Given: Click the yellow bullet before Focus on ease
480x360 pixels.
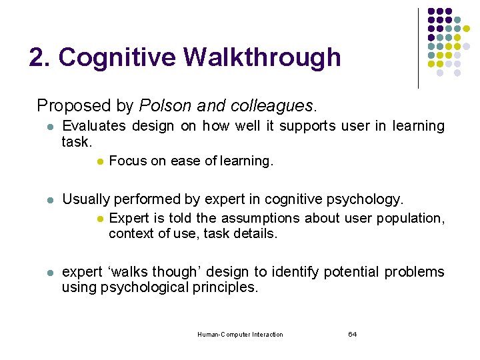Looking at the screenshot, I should tap(98, 161).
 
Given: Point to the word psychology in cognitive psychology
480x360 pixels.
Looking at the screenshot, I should tap(370, 199).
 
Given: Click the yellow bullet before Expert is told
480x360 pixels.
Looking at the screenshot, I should tap(98, 219).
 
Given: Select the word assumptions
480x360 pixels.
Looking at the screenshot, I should tap(258, 218).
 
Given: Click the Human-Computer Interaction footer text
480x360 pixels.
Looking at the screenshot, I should tap(240, 335).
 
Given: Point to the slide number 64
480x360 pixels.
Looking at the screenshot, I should tap(352, 334).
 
